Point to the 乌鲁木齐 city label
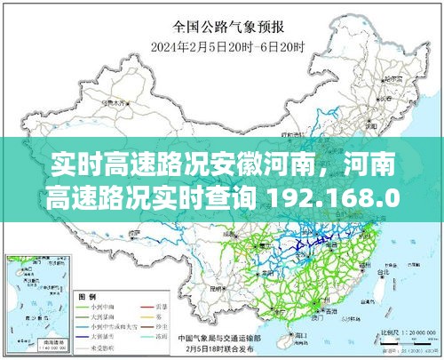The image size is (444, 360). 115,103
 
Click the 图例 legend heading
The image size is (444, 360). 89,295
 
